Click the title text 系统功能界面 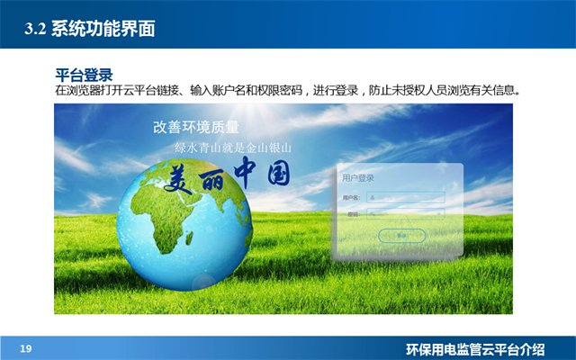click(103, 30)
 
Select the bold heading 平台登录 click(84, 75)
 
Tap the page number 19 click(26, 347)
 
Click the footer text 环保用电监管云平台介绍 click(488, 348)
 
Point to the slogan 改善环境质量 click(196, 127)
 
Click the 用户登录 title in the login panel click(358, 178)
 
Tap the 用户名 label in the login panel click(351, 197)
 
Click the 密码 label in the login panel click(353, 214)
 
